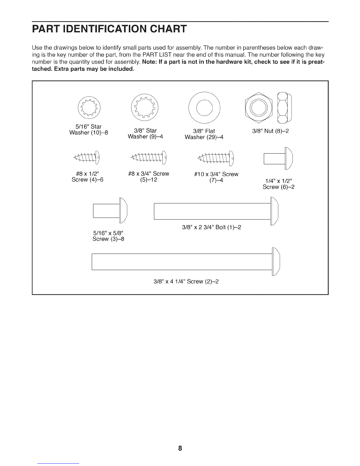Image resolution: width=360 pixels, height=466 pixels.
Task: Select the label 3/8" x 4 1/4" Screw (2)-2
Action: coord(186,282)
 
